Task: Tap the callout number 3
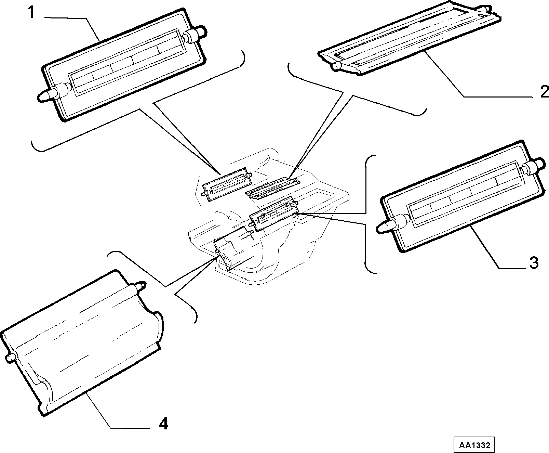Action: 533,262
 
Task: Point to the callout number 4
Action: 163,424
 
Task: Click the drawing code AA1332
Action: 474,445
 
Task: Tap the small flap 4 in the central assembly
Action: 233,248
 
